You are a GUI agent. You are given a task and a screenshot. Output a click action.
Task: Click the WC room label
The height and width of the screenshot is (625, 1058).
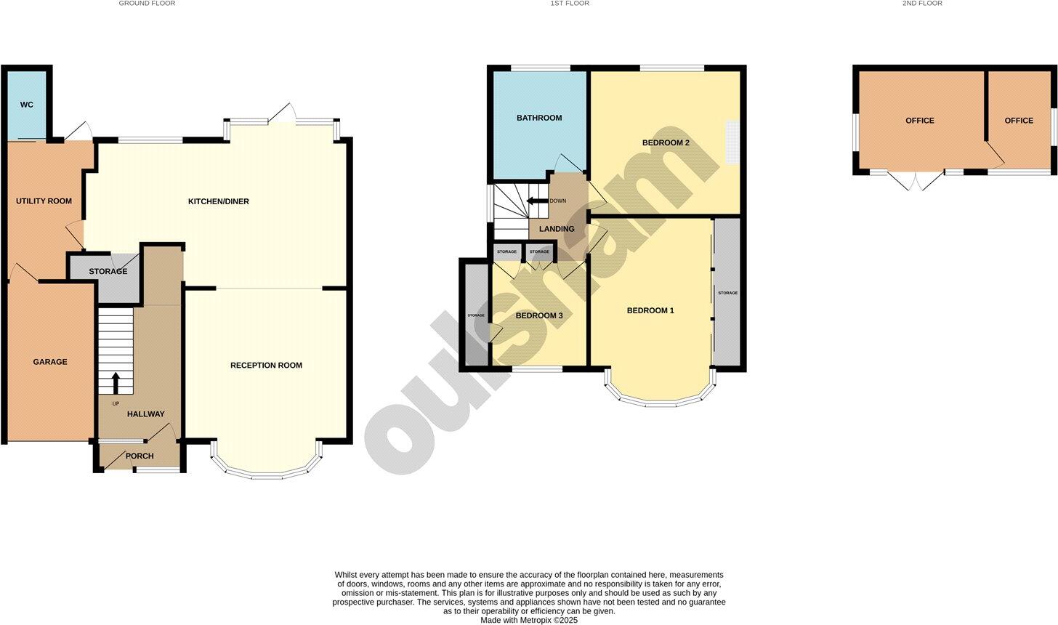26,105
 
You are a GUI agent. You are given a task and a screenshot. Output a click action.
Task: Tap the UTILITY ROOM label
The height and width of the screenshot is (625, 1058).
44,201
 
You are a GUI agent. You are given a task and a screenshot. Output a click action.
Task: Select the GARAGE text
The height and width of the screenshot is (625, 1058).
50,361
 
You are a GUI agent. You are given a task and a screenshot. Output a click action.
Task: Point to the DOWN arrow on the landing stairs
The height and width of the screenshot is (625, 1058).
535,201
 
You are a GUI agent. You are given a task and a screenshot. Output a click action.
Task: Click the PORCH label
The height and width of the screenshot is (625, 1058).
140,456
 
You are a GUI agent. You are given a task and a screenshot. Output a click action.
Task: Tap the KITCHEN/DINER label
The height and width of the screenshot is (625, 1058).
218,201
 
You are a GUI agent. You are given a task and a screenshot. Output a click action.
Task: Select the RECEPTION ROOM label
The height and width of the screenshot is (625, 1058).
266,365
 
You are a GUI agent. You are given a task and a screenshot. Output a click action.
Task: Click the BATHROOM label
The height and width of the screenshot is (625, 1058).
539,118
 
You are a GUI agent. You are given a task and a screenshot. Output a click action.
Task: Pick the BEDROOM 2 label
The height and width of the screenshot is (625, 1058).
666,142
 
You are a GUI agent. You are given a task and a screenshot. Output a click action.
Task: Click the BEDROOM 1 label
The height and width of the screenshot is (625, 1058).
650,310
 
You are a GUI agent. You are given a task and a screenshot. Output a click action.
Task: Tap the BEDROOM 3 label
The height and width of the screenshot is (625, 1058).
539,315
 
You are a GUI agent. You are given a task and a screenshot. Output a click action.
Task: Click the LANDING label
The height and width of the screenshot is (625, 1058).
557,229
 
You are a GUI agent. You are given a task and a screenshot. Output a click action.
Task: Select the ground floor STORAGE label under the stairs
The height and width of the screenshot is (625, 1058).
108,271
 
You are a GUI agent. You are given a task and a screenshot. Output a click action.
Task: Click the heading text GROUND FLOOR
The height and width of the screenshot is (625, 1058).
147,4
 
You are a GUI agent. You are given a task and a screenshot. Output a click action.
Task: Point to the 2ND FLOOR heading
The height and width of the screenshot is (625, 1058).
922,4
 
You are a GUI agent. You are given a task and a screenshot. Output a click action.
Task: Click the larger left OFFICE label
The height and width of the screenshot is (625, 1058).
920,121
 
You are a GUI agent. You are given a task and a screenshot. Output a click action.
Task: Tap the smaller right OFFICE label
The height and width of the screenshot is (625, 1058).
1019,121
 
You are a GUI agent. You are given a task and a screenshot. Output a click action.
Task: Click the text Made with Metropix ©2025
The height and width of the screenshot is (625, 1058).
529,620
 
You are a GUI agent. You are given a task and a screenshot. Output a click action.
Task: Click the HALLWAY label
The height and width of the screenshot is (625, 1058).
145,414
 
